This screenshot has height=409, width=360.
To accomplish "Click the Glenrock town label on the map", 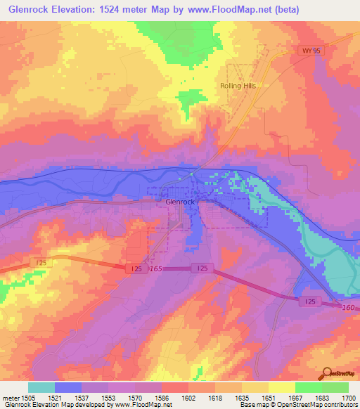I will click(179, 202).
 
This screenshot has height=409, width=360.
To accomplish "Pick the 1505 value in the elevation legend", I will click(29, 398).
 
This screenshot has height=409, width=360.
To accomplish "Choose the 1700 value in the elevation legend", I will click(348, 398).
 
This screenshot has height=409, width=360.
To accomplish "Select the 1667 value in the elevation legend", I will click(295, 398).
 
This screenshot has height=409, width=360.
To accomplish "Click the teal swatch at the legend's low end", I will click(41, 387).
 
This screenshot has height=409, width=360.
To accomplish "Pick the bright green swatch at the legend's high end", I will click(335, 387).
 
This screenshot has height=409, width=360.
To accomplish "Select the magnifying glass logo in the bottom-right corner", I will click(326, 373).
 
